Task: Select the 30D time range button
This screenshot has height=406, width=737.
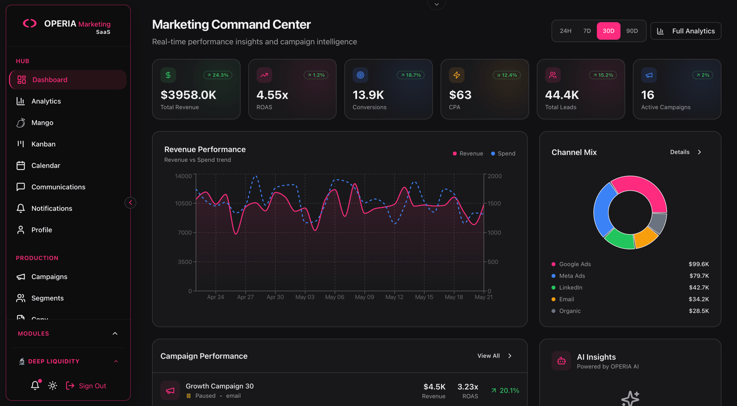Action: (609, 31)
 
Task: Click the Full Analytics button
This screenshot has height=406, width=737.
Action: (686, 31)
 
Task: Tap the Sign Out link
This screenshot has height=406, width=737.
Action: (86, 386)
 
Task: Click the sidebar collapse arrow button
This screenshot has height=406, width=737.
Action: (131, 203)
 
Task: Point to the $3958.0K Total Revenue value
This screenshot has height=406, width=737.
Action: (188, 95)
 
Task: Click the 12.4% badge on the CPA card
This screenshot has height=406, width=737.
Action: (507, 75)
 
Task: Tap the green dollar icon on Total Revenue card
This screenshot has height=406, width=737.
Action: (168, 75)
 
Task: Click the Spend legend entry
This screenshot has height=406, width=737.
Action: (503, 153)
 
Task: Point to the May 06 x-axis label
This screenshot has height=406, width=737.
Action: (335, 297)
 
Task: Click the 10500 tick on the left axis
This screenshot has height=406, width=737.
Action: (183, 203)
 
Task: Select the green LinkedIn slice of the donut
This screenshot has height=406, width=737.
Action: (619, 240)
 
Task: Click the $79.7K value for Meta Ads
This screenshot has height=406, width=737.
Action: (699, 276)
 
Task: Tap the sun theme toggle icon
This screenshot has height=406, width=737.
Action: (53, 386)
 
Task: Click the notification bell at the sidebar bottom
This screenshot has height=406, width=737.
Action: (35, 386)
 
